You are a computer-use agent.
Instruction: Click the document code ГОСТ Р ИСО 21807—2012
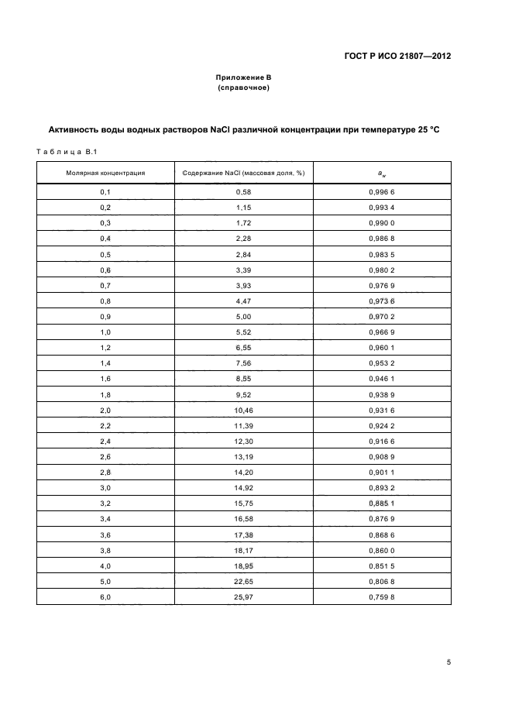(x=397, y=57)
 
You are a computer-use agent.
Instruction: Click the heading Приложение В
(x=243, y=78)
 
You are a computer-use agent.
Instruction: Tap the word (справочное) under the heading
(x=243, y=88)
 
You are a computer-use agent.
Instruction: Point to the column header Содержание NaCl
(x=243, y=173)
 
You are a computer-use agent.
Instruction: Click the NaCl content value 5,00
(x=243, y=317)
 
